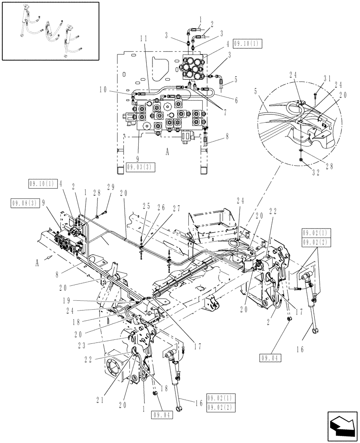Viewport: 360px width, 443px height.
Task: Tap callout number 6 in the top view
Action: pos(236,101)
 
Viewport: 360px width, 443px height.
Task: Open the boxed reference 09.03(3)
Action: pos(138,167)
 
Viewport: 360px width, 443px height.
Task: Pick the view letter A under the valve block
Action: pos(167,152)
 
